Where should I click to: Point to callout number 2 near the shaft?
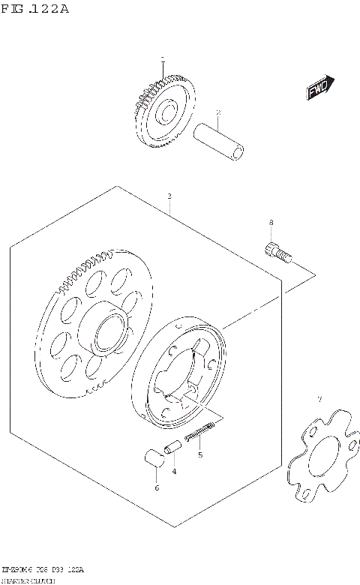point(217,113)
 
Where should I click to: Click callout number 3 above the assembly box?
point(169,196)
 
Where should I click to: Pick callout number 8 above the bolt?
point(271,223)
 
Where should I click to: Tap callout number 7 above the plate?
point(319,399)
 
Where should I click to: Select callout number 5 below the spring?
point(199,454)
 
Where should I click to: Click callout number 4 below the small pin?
point(174,471)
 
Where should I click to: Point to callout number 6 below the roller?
point(156,488)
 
